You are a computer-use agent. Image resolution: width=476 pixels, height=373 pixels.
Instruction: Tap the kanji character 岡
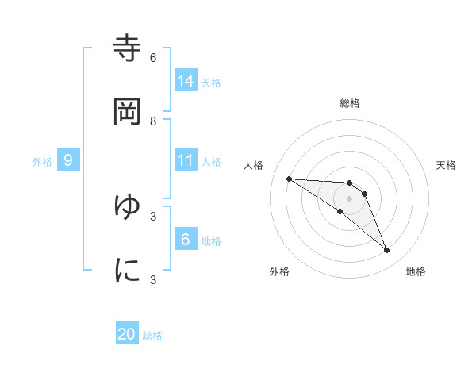[x=127, y=112]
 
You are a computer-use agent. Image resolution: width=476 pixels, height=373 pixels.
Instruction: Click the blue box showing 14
[x=186, y=80]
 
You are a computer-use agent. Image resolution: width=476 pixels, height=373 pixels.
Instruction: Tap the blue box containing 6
[x=186, y=239]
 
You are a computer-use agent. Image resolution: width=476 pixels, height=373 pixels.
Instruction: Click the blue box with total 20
[x=127, y=334]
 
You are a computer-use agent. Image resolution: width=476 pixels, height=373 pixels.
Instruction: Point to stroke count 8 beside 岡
[x=153, y=121]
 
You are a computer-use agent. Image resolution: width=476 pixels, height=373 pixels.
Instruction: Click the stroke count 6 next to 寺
[x=153, y=58]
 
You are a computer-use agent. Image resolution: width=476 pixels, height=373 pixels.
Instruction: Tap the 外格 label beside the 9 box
[x=42, y=162]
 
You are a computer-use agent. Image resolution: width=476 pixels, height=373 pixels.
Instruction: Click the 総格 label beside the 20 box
[x=152, y=336]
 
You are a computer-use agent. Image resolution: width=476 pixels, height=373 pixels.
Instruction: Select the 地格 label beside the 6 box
[x=211, y=241]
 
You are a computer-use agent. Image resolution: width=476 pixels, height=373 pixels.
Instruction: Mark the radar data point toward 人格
[x=289, y=179]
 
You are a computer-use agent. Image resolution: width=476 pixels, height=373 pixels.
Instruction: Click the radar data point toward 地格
[x=386, y=251]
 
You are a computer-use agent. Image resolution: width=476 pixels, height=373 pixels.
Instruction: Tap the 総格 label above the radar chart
[x=350, y=103]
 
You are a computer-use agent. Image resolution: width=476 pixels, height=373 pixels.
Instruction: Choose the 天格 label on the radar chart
[x=446, y=165]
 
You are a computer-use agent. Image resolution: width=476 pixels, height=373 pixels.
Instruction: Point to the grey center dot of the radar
[x=350, y=198]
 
